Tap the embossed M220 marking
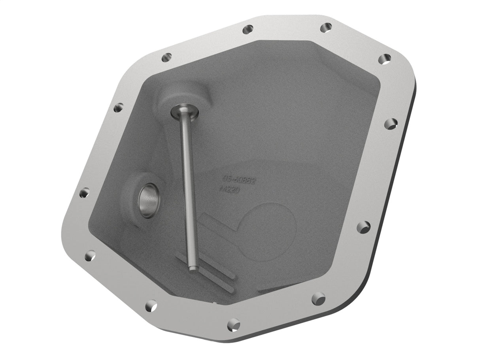(x=232, y=190)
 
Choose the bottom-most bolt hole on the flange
(x=234, y=324)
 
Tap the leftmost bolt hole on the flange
(x=84, y=193)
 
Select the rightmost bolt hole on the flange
(x=391, y=123)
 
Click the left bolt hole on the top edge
(x=248, y=29)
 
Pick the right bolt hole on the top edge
(x=326, y=27)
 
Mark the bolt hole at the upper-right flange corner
(x=384, y=59)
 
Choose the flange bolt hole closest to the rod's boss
(x=166, y=57)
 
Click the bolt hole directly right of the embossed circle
(x=363, y=227)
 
